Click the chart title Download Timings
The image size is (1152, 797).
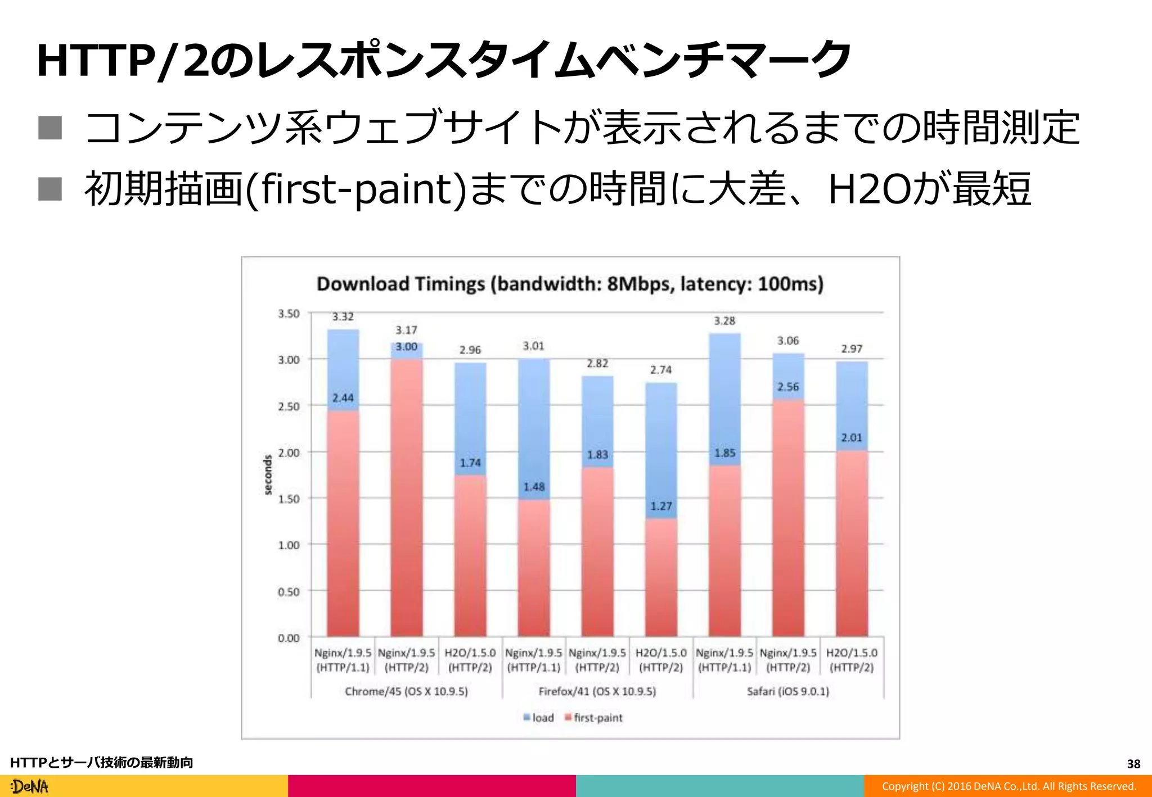pyautogui.click(x=569, y=284)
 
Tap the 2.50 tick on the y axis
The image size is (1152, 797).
pyautogui.click(x=289, y=406)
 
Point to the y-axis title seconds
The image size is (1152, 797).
pyautogui.click(x=268, y=475)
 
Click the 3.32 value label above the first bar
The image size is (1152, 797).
pyautogui.click(x=343, y=317)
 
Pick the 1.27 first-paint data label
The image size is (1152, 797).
pyautogui.click(x=661, y=506)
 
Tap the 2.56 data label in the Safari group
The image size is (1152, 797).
pyautogui.click(x=787, y=387)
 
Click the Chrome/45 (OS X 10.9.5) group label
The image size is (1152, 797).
pyautogui.click(x=406, y=691)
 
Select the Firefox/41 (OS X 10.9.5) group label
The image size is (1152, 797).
pyautogui.click(x=597, y=691)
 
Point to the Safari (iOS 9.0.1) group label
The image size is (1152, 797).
pyautogui.click(x=787, y=691)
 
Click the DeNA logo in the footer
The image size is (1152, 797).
pyautogui.click(x=30, y=786)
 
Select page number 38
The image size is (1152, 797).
pyautogui.click(x=1133, y=764)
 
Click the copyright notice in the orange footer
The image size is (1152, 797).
pyautogui.click(x=1009, y=786)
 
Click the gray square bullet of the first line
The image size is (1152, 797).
pyautogui.click(x=50, y=128)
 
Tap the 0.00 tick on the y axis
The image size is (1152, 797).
pyautogui.click(x=289, y=638)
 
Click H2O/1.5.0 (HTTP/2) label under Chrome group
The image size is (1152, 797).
pyautogui.click(x=470, y=660)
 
